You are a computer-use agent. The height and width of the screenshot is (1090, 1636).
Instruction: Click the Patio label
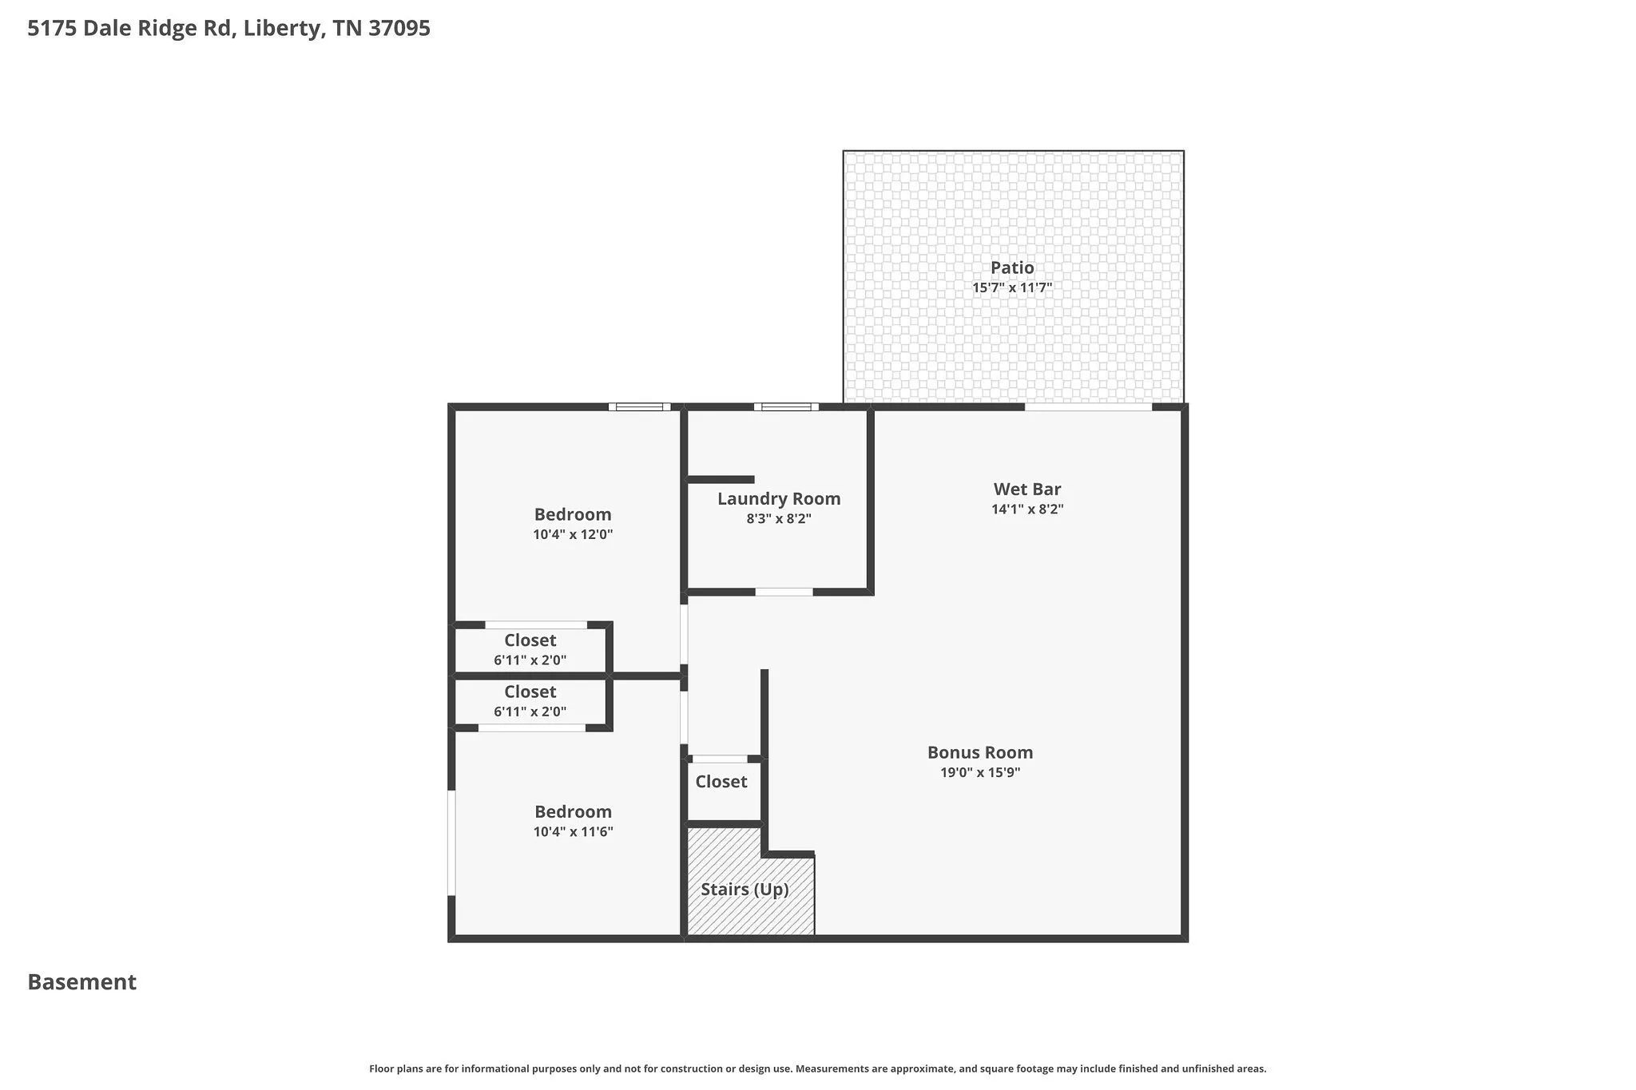(x=1012, y=268)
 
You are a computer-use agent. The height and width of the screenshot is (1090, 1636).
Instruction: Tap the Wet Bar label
(x=1027, y=489)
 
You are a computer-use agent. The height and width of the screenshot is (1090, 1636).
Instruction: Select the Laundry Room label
(x=779, y=499)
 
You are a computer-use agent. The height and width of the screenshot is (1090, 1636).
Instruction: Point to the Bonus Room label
(x=980, y=752)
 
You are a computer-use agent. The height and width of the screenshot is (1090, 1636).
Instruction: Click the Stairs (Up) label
(x=745, y=890)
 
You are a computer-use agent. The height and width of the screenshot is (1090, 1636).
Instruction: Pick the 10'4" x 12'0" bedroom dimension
(x=573, y=535)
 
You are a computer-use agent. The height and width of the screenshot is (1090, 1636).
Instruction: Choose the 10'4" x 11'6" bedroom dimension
(x=573, y=832)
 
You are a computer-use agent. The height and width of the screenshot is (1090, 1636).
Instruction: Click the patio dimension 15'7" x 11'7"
(x=1012, y=287)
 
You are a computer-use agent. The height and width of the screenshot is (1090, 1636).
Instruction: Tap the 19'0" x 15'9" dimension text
(x=980, y=772)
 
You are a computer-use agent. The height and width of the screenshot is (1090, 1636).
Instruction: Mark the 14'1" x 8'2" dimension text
(x=1027, y=509)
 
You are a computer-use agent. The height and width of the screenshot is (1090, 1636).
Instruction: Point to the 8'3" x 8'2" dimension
(x=779, y=519)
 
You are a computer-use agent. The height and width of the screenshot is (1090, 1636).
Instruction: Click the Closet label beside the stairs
(x=721, y=782)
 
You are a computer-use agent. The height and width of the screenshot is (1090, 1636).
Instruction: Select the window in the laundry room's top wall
(x=787, y=407)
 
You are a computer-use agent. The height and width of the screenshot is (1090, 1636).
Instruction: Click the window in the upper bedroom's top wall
(x=640, y=407)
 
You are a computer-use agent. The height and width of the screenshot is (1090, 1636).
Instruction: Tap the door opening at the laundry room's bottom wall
(x=784, y=592)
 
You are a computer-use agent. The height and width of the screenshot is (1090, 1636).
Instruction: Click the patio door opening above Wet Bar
(x=1089, y=407)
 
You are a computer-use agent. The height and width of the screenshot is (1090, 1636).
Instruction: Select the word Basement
(x=82, y=982)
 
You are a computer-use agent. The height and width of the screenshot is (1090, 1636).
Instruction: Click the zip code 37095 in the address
(x=399, y=29)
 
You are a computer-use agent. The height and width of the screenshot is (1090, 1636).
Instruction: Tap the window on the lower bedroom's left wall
(x=451, y=842)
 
